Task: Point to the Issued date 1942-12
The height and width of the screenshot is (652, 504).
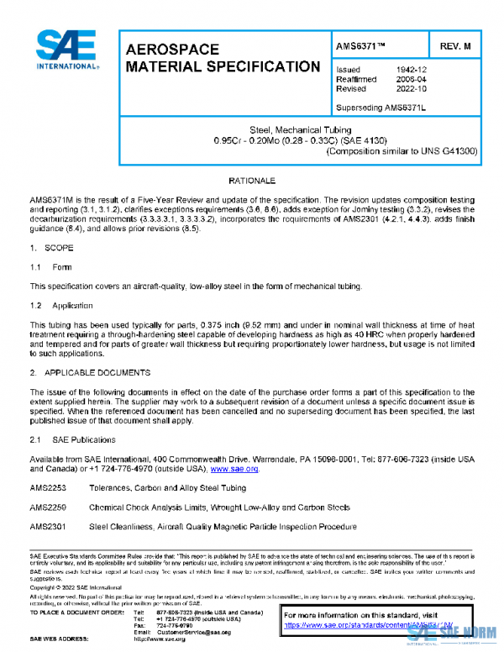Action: point(411,70)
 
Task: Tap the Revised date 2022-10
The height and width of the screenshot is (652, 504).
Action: point(411,88)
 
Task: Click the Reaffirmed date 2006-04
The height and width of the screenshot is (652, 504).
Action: point(411,79)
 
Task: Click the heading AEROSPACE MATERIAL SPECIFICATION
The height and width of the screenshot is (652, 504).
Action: point(222,58)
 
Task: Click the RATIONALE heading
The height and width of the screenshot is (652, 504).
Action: point(251,181)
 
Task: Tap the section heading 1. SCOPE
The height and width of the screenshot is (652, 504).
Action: point(51,249)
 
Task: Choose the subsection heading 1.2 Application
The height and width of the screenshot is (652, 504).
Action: point(61,305)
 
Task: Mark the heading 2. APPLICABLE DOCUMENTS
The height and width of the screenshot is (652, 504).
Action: point(91,371)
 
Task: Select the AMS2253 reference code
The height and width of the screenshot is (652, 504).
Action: point(48,488)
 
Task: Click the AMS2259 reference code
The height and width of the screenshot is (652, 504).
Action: point(48,507)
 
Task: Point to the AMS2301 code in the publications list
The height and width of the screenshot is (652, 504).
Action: point(48,527)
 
